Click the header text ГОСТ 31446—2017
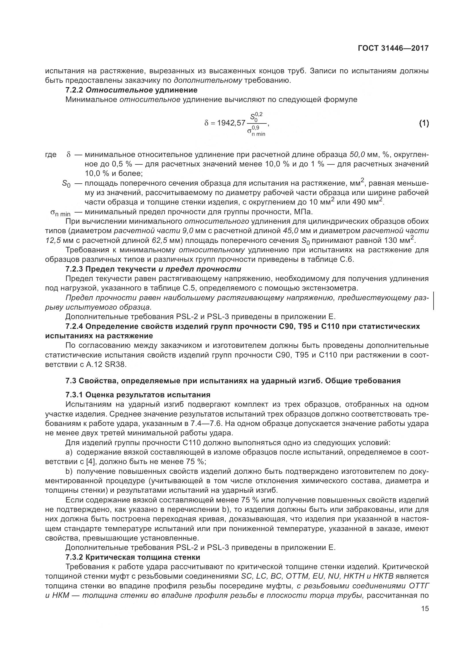click(393, 48)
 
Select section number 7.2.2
click(74, 90)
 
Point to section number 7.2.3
click(74, 269)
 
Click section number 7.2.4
click(74, 326)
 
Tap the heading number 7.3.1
click(74, 395)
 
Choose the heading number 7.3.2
click(74, 557)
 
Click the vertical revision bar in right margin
click(433, 300)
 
